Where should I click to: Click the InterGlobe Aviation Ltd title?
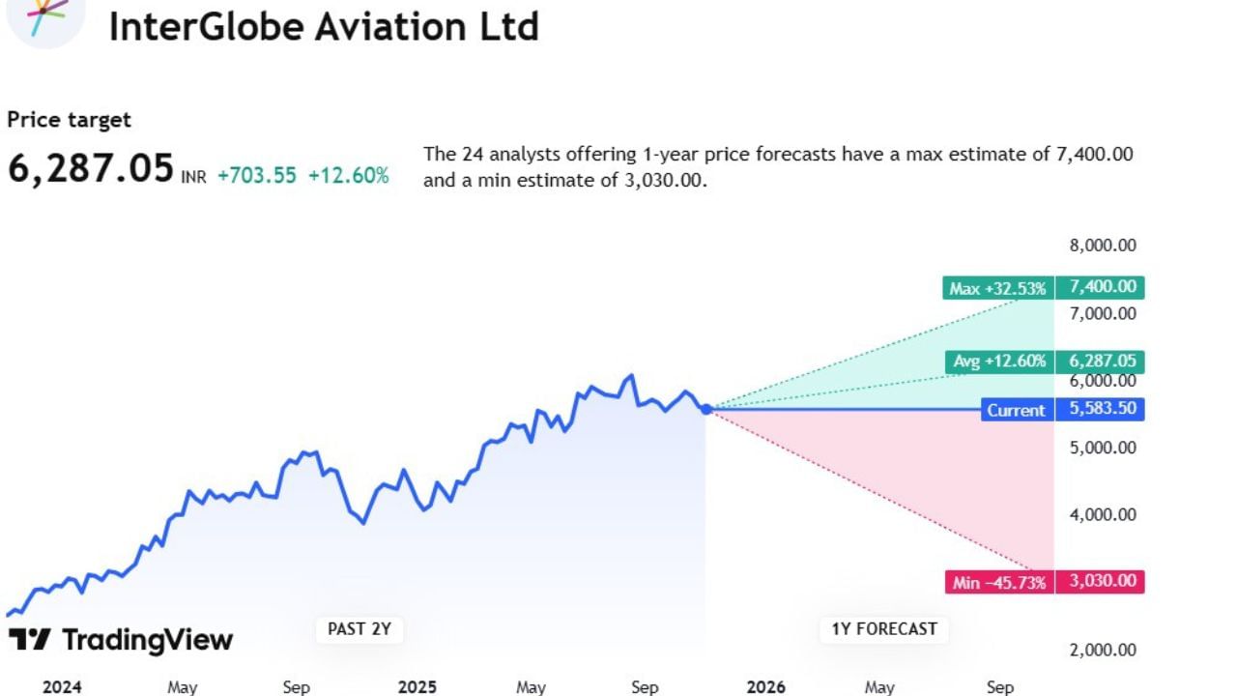pyautogui.click(x=323, y=26)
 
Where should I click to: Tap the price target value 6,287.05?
pyautogui.click(x=91, y=167)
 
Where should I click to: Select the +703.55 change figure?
pyautogui.click(x=256, y=176)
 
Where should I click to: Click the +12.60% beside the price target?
pyautogui.click(x=348, y=176)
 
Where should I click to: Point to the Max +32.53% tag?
pyautogui.click(x=996, y=288)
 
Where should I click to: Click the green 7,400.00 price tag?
pyautogui.click(x=1100, y=287)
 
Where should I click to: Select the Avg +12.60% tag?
pyautogui.click(x=998, y=362)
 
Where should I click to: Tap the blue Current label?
pyautogui.click(x=1016, y=410)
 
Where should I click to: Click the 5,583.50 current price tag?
pyautogui.click(x=1100, y=409)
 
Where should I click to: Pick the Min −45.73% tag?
pyautogui.click(x=998, y=582)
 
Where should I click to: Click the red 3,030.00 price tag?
pyautogui.click(x=1100, y=581)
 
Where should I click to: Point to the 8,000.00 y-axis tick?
pyautogui.click(x=1103, y=246)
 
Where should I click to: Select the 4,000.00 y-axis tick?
pyautogui.click(x=1103, y=515)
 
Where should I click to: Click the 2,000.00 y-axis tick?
pyautogui.click(x=1103, y=650)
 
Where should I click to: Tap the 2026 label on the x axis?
pyautogui.click(x=765, y=687)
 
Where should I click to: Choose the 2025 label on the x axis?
pyautogui.click(x=417, y=687)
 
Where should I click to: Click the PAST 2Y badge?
pyautogui.click(x=360, y=629)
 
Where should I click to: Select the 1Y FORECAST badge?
pyautogui.click(x=884, y=629)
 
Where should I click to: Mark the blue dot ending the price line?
pyautogui.click(x=706, y=409)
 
